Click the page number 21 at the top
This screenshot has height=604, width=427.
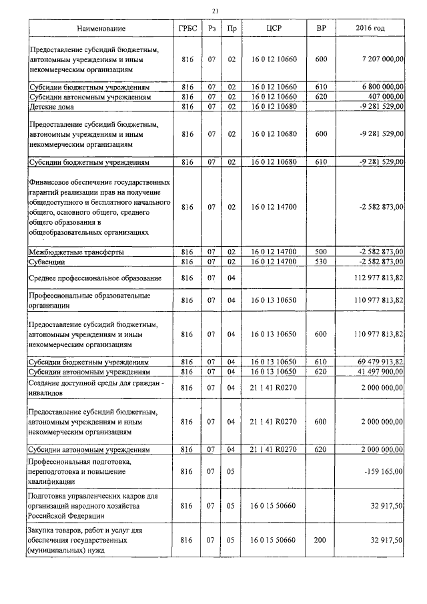(214, 11)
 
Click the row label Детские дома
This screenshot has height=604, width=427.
(51, 107)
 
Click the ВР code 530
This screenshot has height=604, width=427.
(320, 261)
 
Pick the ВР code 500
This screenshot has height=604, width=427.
(320, 252)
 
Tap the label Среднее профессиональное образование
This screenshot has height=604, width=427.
(94, 277)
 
